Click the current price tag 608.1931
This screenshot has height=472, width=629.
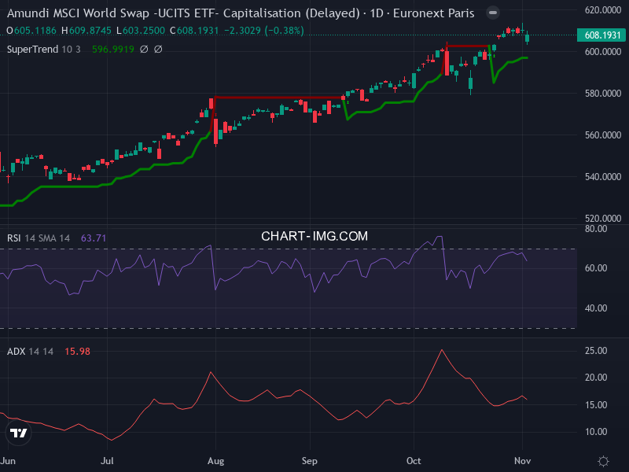point(602,35)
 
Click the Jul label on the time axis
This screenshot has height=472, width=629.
point(108,461)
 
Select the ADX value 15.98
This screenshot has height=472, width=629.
point(77,352)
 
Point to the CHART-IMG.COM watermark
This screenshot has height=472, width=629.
point(314,236)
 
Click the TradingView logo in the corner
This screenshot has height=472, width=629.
point(18,433)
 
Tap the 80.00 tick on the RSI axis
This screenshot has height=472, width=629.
point(596,229)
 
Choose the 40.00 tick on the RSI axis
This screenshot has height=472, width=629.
point(596,308)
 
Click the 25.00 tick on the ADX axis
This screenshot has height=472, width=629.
point(596,351)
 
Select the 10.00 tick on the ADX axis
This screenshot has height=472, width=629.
point(596,432)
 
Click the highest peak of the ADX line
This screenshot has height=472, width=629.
point(442,349)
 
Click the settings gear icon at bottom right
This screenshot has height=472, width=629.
point(603,461)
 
